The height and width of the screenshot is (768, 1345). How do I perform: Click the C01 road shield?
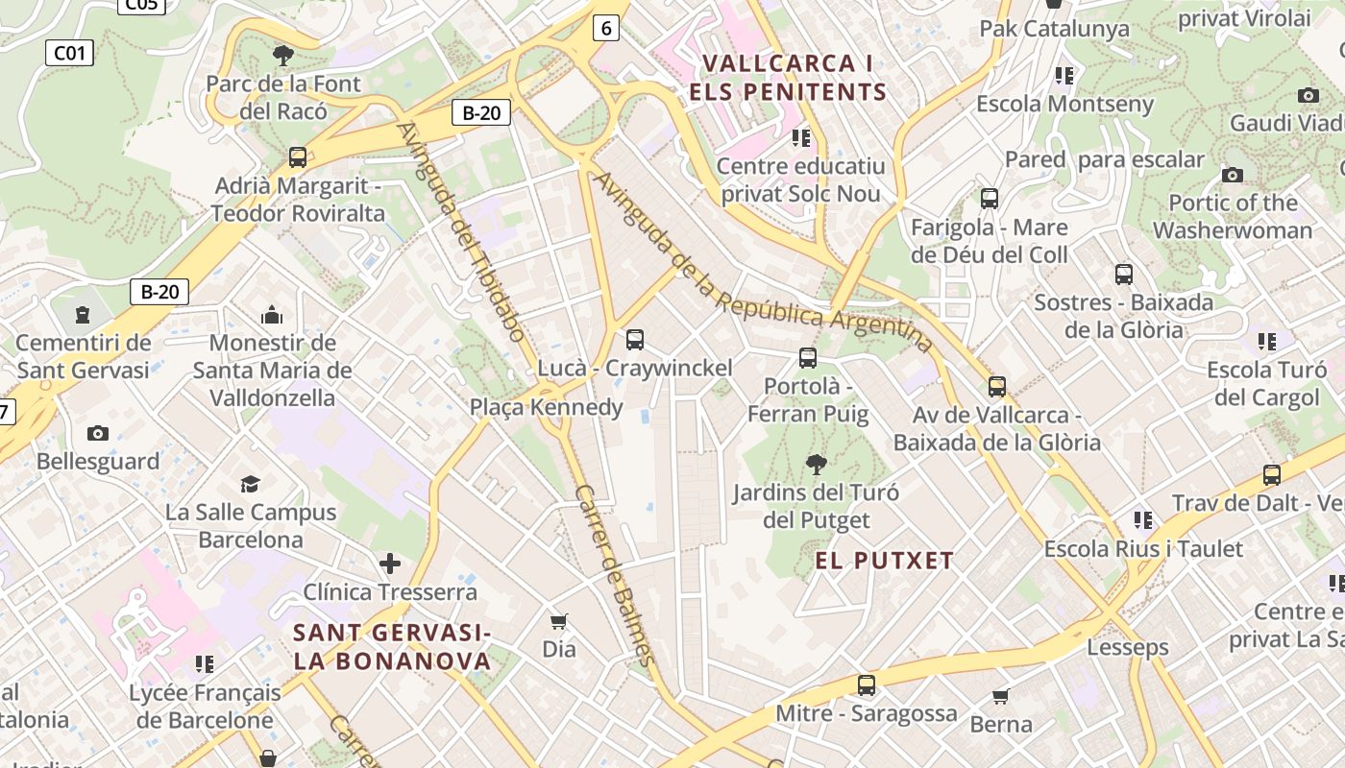[x=69, y=52]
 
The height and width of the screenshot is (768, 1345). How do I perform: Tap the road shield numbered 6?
[x=605, y=29]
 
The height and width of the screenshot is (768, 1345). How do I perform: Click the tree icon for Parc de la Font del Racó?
[x=283, y=55]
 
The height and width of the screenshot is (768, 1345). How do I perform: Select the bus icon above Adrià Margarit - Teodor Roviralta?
[x=298, y=156]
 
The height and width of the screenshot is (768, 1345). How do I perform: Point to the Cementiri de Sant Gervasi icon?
[x=83, y=314]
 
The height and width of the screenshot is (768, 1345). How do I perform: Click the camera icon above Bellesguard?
[x=98, y=433]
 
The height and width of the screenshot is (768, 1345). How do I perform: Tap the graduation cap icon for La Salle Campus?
[x=250, y=484]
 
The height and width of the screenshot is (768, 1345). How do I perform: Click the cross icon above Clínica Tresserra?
[x=390, y=564]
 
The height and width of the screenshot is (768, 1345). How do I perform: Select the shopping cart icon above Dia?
[x=558, y=621]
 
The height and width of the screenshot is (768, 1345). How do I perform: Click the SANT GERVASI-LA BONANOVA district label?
[x=392, y=647]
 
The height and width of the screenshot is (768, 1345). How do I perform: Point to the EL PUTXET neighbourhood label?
[x=885, y=561]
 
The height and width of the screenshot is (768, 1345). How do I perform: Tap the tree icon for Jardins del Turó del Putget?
[x=816, y=465]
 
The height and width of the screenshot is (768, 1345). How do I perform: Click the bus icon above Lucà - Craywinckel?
[x=634, y=339]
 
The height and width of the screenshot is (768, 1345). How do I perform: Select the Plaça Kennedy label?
[x=546, y=407]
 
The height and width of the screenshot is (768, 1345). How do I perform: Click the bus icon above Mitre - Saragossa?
[x=867, y=684]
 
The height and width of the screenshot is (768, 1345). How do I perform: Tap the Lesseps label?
[x=1128, y=647]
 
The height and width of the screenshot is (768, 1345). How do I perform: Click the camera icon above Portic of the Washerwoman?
[x=1233, y=175]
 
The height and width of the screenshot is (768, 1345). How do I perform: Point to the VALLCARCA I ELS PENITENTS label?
[x=788, y=78]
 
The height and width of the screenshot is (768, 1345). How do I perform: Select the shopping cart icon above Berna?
[x=1001, y=696]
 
